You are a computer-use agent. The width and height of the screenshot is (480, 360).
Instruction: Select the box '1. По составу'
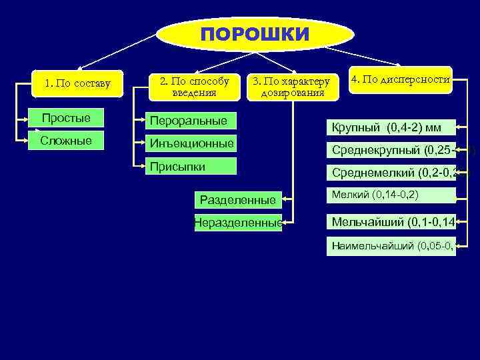[x=77, y=84]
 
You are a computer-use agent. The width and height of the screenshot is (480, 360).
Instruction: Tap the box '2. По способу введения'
[x=193, y=86]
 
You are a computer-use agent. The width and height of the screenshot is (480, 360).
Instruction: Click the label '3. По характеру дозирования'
[x=291, y=87]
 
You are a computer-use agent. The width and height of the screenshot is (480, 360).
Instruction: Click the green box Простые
[x=66, y=119]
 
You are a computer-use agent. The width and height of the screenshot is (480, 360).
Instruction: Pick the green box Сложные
[x=66, y=141]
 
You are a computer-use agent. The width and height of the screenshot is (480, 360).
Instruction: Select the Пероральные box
[x=191, y=121]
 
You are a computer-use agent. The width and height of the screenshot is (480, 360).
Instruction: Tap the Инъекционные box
[x=191, y=143]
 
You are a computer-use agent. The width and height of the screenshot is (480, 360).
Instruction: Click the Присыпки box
[x=191, y=165]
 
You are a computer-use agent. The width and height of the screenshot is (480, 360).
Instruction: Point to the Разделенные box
[x=238, y=199]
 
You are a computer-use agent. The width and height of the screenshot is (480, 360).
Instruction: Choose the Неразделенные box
[x=238, y=223]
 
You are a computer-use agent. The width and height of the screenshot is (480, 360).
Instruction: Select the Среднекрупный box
[x=390, y=150]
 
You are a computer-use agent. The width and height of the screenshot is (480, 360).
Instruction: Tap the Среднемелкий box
[x=390, y=173]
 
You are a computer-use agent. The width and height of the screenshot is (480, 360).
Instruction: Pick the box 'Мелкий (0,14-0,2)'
[x=390, y=195]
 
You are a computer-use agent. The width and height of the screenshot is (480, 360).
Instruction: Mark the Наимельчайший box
[x=390, y=245]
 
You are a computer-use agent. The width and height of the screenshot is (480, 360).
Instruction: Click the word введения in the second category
[x=193, y=92]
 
